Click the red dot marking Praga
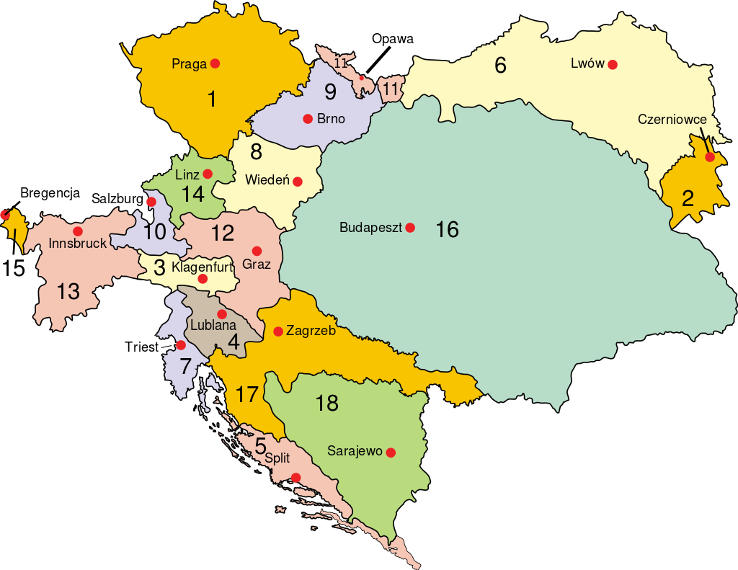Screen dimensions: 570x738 (x=215, y=63)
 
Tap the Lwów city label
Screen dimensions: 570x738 (x=587, y=63)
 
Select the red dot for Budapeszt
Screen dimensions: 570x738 (x=410, y=228)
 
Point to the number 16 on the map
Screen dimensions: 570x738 (x=447, y=230)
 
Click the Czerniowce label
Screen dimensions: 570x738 (x=667, y=120)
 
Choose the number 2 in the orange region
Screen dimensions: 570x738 (x=688, y=199)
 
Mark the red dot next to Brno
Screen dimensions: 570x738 (x=308, y=119)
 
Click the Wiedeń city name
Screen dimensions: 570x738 (x=267, y=180)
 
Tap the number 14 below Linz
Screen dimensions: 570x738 (x=193, y=194)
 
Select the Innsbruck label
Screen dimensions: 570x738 (x=78, y=244)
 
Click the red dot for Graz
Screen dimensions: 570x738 (x=256, y=251)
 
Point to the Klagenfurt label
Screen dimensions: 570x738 (x=203, y=267)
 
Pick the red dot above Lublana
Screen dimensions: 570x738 (x=222, y=314)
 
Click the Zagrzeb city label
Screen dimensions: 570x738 (x=311, y=331)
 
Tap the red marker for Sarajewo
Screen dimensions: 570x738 (x=391, y=453)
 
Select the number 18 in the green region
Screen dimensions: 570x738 (x=326, y=404)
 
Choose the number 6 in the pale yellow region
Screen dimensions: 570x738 (x=500, y=65)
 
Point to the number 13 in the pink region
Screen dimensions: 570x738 (x=68, y=292)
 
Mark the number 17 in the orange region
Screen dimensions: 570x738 (x=246, y=395)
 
